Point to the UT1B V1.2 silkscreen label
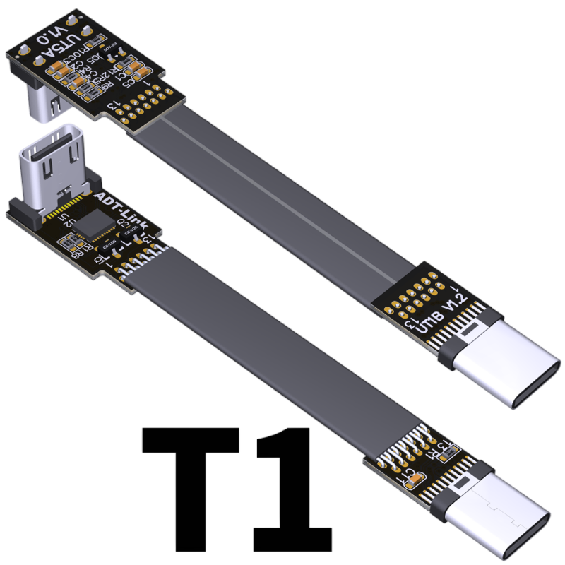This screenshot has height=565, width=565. click(x=442, y=316)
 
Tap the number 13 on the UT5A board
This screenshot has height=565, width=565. click(x=112, y=105)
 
